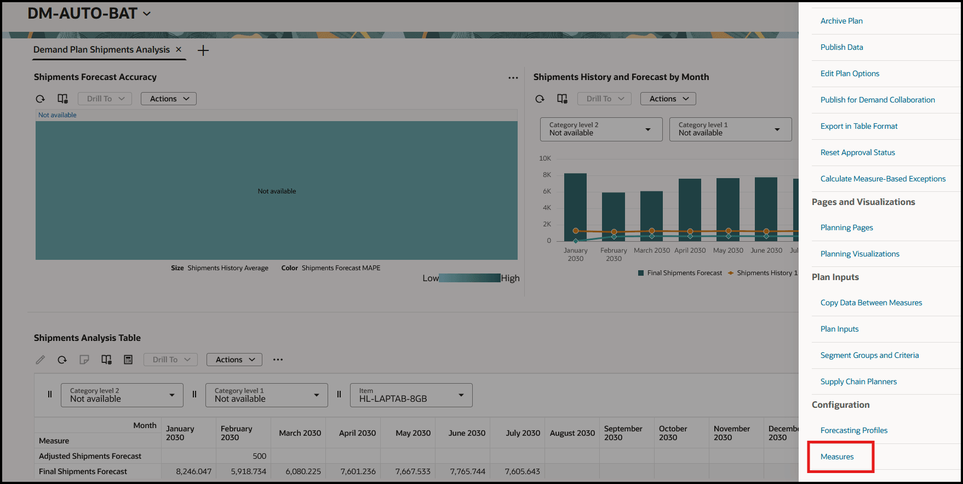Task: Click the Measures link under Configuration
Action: (x=836, y=457)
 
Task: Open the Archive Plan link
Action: (x=841, y=21)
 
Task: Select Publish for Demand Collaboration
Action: (x=877, y=100)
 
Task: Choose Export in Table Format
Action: (x=858, y=126)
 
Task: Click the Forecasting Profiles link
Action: (x=853, y=430)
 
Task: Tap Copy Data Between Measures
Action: (x=871, y=303)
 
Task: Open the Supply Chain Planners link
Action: (x=858, y=381)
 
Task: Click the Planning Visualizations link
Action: (x=859, y=254)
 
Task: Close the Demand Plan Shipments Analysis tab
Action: (x=179, y=49)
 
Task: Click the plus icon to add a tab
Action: (x=203, y=50)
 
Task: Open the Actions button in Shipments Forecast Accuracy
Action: (x=169, y=99)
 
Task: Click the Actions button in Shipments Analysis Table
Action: (x=234, y=360)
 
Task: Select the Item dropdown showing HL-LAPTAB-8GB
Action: (x=411, y=395)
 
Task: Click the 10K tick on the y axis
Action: (x=545, y=158)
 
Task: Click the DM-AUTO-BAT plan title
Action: (x=83, y=13)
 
